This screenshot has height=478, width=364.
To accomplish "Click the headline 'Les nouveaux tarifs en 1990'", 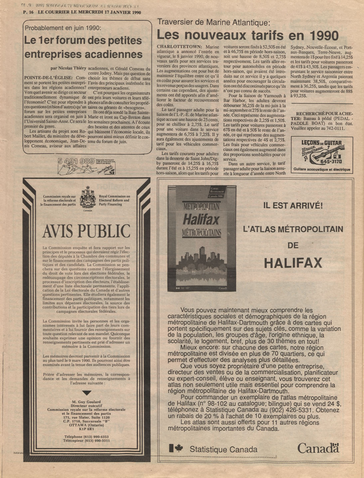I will pyautogui.click(x=248, y=35).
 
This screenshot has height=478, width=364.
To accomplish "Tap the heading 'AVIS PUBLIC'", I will pyautogui.click(x=86, y=231).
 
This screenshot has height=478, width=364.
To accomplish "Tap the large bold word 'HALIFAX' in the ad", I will pyautogui.click(x=293, y=263).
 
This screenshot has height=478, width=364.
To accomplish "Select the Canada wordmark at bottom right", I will pyautogui.click(x=318, y=448).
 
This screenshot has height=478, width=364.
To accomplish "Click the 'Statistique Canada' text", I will pyautogui.click(x=223, y=449).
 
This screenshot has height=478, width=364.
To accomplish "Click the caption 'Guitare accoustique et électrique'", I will pyautogui.click(x=321, y=170).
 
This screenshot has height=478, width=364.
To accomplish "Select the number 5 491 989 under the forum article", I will pyautogui.click(x=76, y=162).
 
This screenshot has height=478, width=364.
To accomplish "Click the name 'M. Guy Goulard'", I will pyautogui.click(x=86, y=402).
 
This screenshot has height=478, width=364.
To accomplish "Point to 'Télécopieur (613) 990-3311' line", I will pyautogui.click(x=86, y=440).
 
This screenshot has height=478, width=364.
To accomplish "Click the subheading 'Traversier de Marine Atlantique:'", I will pyautogui.click(x=213, y=23).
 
